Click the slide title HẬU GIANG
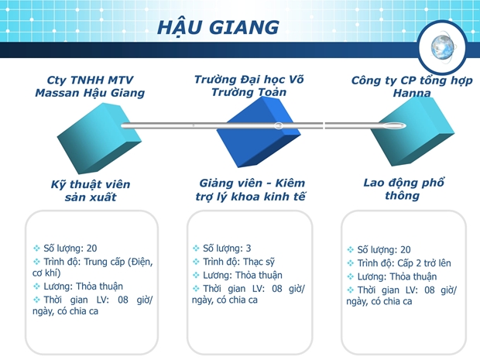(x=218, y=27)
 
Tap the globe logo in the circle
(x=443, y=47)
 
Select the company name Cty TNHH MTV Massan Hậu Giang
(x=90, y=87)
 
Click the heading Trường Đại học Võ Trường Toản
(x=249, y=86)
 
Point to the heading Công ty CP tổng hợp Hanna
(x=412, y=87)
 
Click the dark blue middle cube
(x=259, y=132)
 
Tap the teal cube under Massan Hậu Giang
(x=99, y=138)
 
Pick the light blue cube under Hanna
(x=413, y=132)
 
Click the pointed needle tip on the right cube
(x=406, y=125)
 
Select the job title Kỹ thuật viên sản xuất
(x=91, y=190)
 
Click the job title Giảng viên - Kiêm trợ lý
(x=250, y=190)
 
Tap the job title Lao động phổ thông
(x=403, y=189)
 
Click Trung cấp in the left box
(x=105, y=262)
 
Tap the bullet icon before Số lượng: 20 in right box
(x=351, y=250)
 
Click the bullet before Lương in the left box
(x=36, y=286)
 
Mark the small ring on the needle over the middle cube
(x=278, y=125)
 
